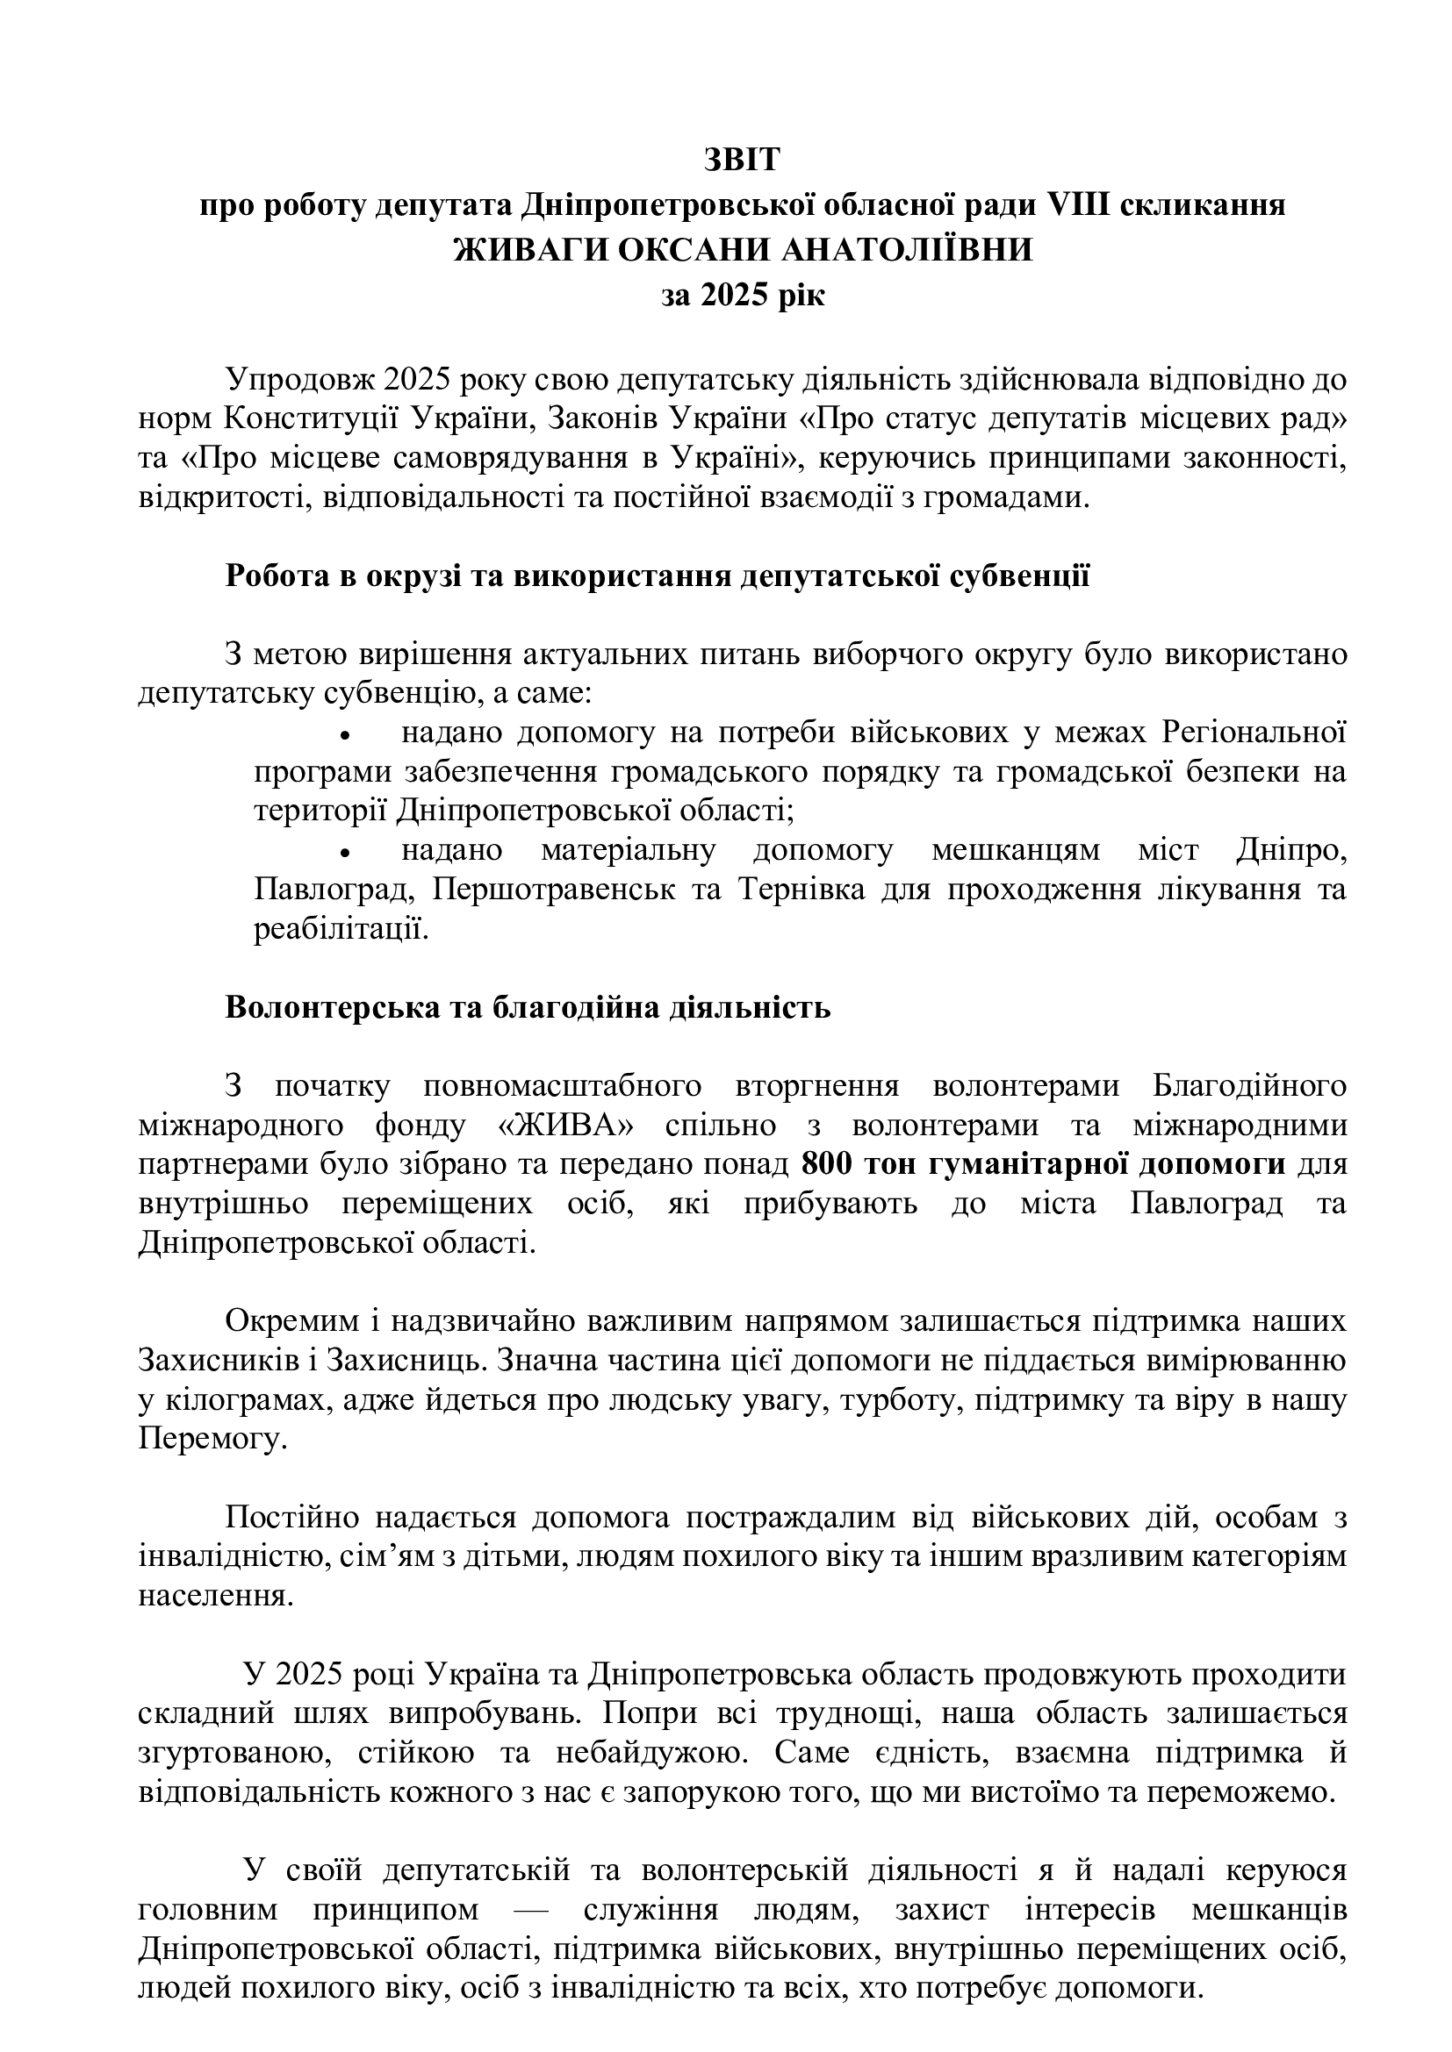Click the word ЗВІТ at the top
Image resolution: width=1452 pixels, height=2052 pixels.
point(741,160)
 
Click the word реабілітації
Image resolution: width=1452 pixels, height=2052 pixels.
point(341,929)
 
